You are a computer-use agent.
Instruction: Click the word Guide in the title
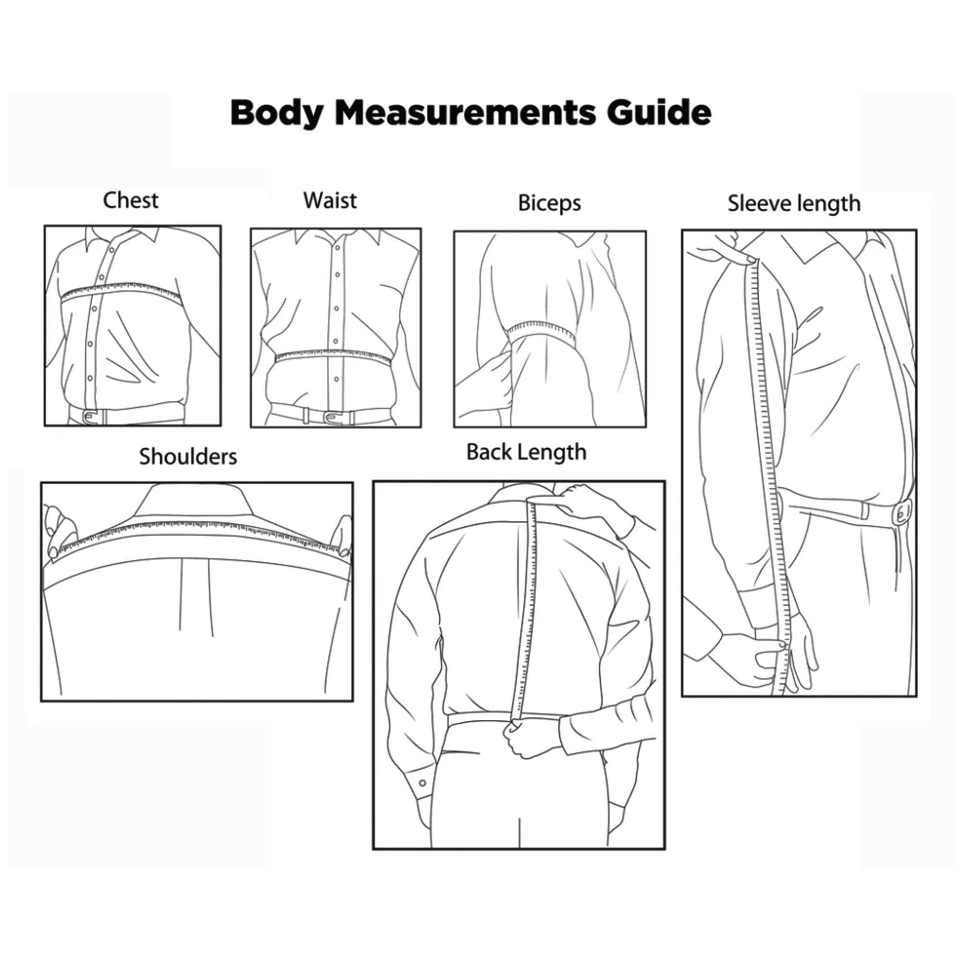click(659, 112)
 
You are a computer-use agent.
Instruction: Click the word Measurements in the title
click(465, 112)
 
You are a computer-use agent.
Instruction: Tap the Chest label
click(131, 200)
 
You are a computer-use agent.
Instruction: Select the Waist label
click(330, 200)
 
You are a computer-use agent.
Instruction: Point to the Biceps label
click(550, 203)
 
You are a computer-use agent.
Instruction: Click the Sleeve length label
click(794, 204)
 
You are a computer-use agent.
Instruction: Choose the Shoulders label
click(188, 456)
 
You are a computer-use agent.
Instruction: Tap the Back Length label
click(526, 453)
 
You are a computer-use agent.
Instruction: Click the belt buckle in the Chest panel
click(90, 416)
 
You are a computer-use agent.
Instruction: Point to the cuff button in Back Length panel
click(422, 783)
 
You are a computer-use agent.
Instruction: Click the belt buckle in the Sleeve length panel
click(902, 513)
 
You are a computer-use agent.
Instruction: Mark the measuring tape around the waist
click(333, 355)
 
